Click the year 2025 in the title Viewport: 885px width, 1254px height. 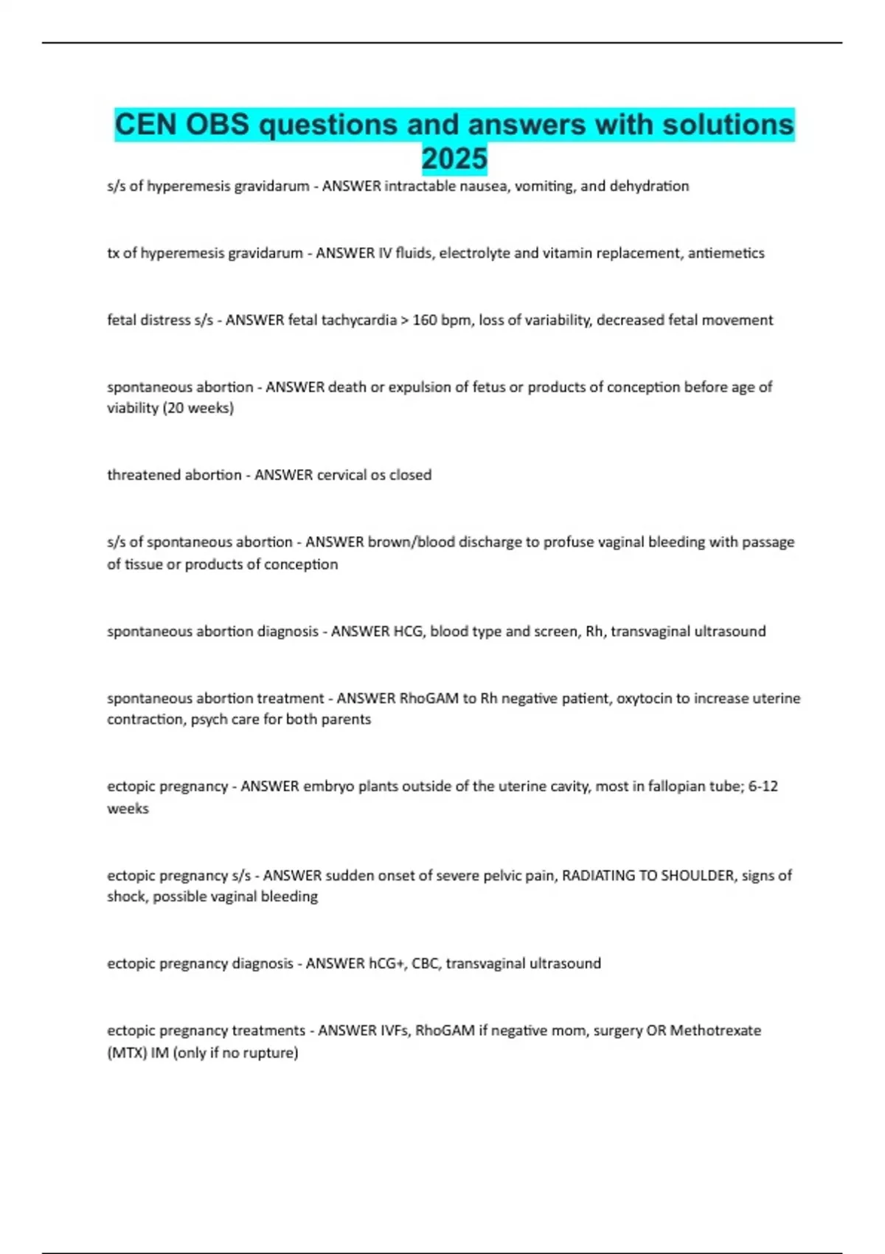454,159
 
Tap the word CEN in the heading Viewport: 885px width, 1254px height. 145,125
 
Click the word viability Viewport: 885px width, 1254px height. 133,408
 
